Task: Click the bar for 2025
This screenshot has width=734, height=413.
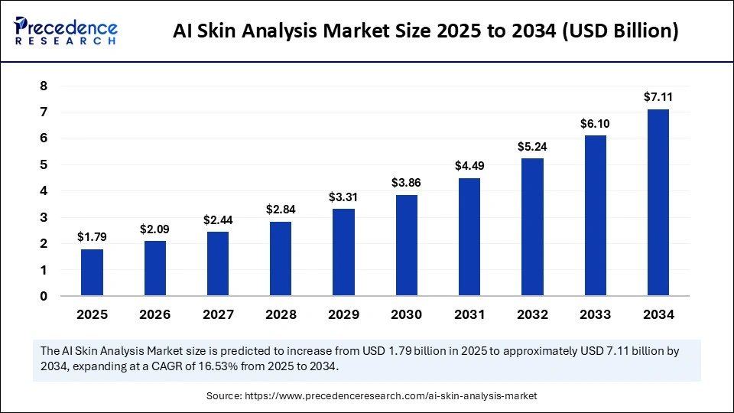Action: (92, 272)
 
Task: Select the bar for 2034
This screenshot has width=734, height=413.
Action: (658, 203)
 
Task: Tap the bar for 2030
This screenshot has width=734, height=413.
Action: (406, 246)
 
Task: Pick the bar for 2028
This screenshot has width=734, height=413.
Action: (281, 259)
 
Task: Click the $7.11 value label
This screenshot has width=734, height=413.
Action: (658, 96)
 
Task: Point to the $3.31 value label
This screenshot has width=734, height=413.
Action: (343, 196)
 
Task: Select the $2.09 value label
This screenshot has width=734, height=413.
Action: (154, 229)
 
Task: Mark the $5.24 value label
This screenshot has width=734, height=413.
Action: (532, 145)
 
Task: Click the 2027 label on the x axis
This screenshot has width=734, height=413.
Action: (217, 314)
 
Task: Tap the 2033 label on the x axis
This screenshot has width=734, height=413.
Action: (595, 314)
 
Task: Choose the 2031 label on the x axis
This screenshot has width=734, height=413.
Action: (469, 314)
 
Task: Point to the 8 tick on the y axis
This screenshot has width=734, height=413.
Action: (44, 86)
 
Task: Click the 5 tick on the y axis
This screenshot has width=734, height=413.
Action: (44, 165)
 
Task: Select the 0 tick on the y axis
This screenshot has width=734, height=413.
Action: (44, 297)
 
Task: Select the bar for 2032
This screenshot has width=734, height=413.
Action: (532, 227)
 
